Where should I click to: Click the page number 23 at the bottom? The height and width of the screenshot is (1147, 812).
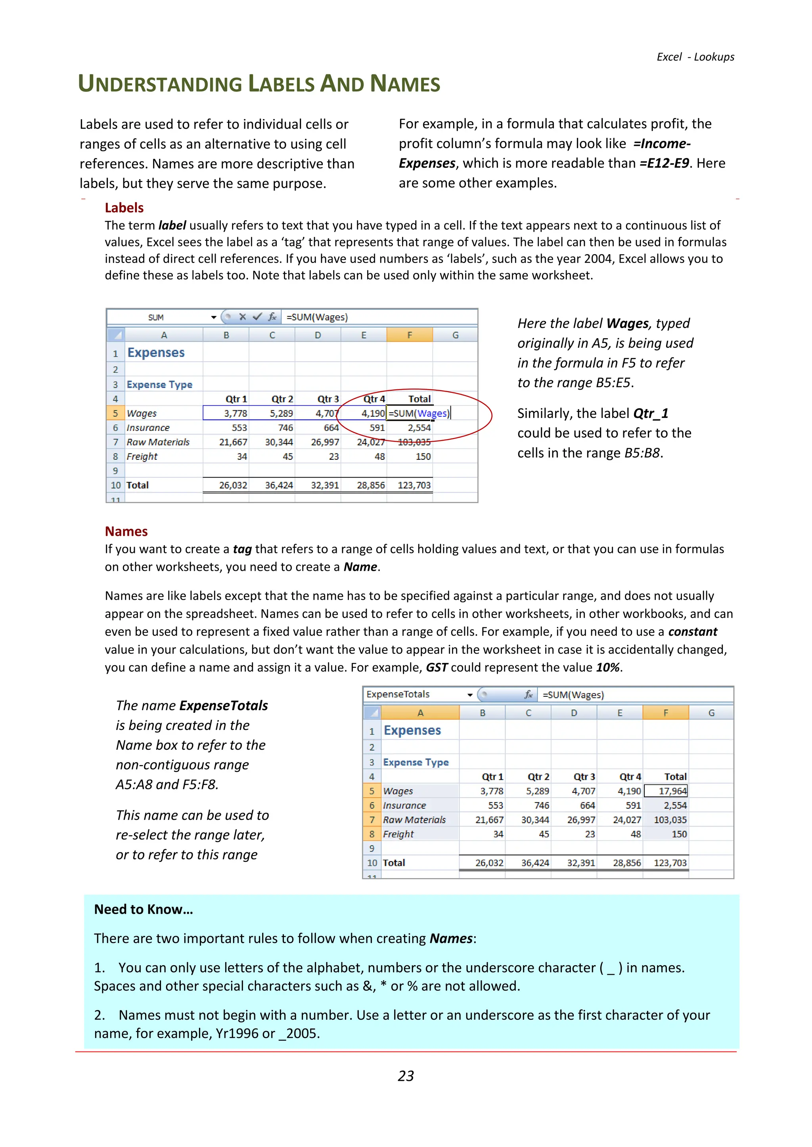pos(406,1076)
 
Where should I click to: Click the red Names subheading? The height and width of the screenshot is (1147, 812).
pos(126,531)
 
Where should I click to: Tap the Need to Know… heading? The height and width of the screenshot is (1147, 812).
pos(143,909)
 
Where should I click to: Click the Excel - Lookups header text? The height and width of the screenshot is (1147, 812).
pos(695,57)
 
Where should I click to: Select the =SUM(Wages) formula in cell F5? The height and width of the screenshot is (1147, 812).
pos(419,413)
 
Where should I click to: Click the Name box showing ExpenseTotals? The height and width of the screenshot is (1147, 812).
pos(398,694)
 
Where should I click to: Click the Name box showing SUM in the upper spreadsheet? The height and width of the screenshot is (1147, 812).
pos(156,317)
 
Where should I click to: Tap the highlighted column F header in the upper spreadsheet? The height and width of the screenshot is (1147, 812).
pos(410,335)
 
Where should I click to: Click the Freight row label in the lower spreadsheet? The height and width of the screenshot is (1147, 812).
pos(398,834)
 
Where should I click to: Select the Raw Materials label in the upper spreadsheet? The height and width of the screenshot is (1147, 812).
pos(158,442)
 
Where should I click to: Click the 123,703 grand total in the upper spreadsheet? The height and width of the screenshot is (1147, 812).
pos(414,485)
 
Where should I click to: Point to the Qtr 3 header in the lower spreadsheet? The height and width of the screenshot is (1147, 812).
pos(584,776)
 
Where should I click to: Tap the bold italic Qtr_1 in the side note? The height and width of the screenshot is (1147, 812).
pos(651,413)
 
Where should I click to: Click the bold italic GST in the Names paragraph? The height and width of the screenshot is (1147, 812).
pos(436,667)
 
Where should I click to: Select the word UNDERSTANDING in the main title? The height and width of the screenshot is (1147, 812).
pos(160,84)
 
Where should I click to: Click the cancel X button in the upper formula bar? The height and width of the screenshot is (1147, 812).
pos(243,317)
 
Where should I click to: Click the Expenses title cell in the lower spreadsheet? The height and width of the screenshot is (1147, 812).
pos(412,730)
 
